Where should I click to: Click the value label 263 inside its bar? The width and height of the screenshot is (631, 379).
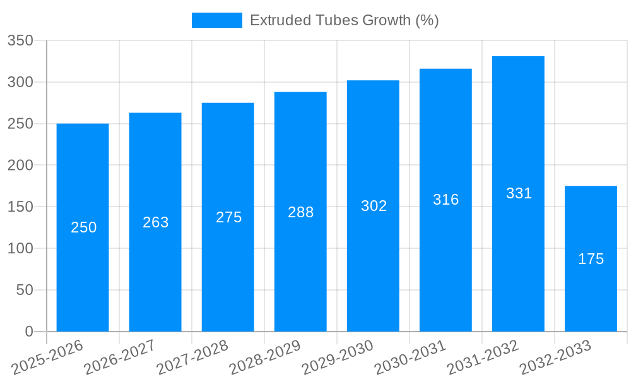[x=156, y=222]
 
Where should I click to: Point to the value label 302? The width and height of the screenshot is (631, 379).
[x=374, y=206]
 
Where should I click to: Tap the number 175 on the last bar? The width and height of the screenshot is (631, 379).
[x=591, y=259]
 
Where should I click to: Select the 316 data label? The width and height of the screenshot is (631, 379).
[x=445, y=200]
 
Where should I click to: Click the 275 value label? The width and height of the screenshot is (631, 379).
[x=228, y=217]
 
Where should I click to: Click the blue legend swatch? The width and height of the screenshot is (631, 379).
[x=216, y=20]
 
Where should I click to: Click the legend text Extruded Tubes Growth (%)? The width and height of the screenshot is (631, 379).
[x=344, y=20]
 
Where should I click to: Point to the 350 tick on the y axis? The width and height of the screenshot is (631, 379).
[x=20, y=41]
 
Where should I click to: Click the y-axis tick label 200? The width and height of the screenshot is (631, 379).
[x=20, y=165]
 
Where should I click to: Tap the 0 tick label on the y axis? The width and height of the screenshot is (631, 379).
[x=28, y=332]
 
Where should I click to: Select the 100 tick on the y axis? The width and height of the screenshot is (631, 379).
[x=20, y=248]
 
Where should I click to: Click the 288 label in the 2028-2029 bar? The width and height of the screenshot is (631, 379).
[x=300, y=212]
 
